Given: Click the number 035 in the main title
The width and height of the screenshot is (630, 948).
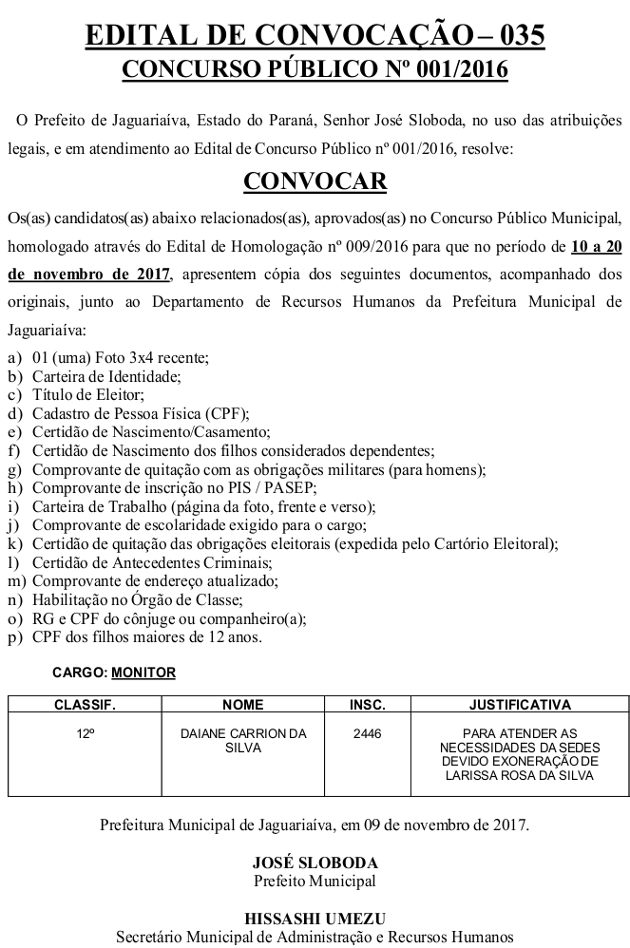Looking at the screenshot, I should [x=518, y=36].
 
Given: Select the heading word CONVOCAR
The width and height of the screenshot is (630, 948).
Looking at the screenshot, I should [x=315, y=181].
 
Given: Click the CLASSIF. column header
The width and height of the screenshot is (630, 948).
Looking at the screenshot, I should [x=85, y=706].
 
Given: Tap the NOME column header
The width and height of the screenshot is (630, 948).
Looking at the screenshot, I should [x=242, y=706].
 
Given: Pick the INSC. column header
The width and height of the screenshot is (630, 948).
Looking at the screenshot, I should [x=367, y=706].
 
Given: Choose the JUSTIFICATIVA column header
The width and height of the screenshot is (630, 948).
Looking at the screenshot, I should [x=520, y=706].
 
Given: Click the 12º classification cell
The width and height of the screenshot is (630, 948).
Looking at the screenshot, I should [x=86, y=734].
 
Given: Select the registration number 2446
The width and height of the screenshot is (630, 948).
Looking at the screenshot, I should [x=367, y=734].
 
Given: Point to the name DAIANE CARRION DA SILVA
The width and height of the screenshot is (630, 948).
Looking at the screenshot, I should [x=243, y=741].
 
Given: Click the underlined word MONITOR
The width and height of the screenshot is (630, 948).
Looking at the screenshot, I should [x=143, y=673].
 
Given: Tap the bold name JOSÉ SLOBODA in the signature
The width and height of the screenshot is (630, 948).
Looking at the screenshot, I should [x=315, y=863].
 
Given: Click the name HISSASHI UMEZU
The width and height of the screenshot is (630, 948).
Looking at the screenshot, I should [x=315, y=919].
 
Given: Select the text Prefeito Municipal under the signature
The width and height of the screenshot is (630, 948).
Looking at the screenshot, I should [x=315, y=881].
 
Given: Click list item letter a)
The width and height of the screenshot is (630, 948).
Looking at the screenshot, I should [x=14, y=358].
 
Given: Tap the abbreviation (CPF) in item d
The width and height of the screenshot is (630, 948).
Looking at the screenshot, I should [x=226, y=413].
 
